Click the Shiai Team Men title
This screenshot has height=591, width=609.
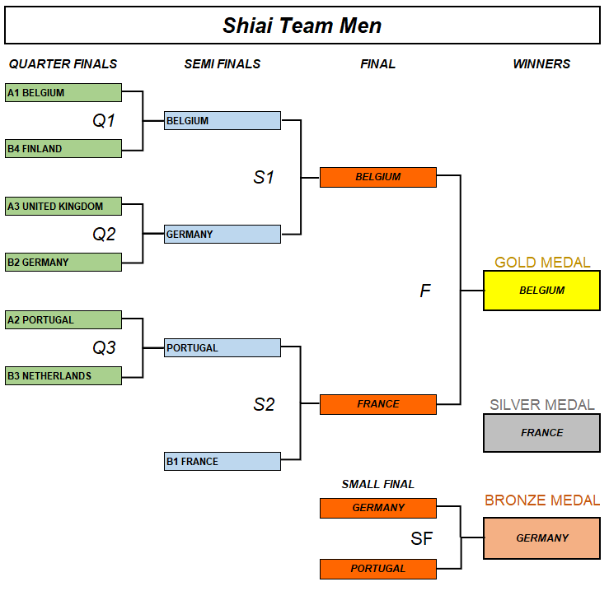coord(302,26)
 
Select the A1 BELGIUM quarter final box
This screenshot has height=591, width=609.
coord(63,93)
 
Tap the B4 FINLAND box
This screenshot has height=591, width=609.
coord(63,149)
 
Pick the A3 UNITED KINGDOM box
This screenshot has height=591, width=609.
coord(63,206)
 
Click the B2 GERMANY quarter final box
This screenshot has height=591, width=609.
coord(63,262)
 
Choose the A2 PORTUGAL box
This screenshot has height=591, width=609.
coord(63,319)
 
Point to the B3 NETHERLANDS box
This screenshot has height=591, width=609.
coord(63,375)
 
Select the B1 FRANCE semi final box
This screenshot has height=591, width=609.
coord(223,461)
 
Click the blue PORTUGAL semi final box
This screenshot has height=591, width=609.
coord(223,347)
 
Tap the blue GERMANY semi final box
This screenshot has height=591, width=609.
coord(223,234)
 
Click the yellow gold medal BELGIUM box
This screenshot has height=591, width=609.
coord(541,291)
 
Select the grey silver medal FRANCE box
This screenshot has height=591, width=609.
coord(541,433)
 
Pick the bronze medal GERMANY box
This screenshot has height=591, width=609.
coord(541,538)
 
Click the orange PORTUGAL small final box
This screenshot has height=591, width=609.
coord(377,569)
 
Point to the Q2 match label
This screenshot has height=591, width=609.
coord(104,235)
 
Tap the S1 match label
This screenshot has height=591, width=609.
coord(264,177)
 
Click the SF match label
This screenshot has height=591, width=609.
coord(422,539)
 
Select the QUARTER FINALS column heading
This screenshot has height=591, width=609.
coord(63,64)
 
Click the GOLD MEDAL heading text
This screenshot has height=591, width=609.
coord(542,263)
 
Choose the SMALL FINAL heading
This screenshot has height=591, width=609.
coord(377,484)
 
